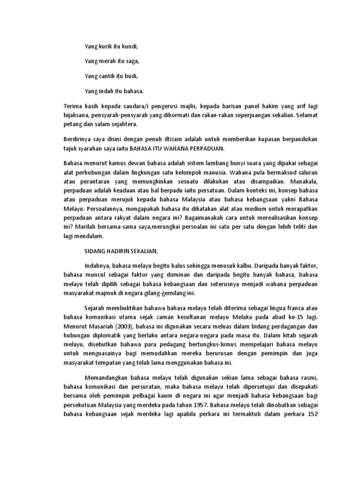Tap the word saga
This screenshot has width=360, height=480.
tap(132, 61)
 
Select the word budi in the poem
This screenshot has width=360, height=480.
tap(131, 75)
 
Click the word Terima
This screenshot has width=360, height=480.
tap(73, 107)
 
